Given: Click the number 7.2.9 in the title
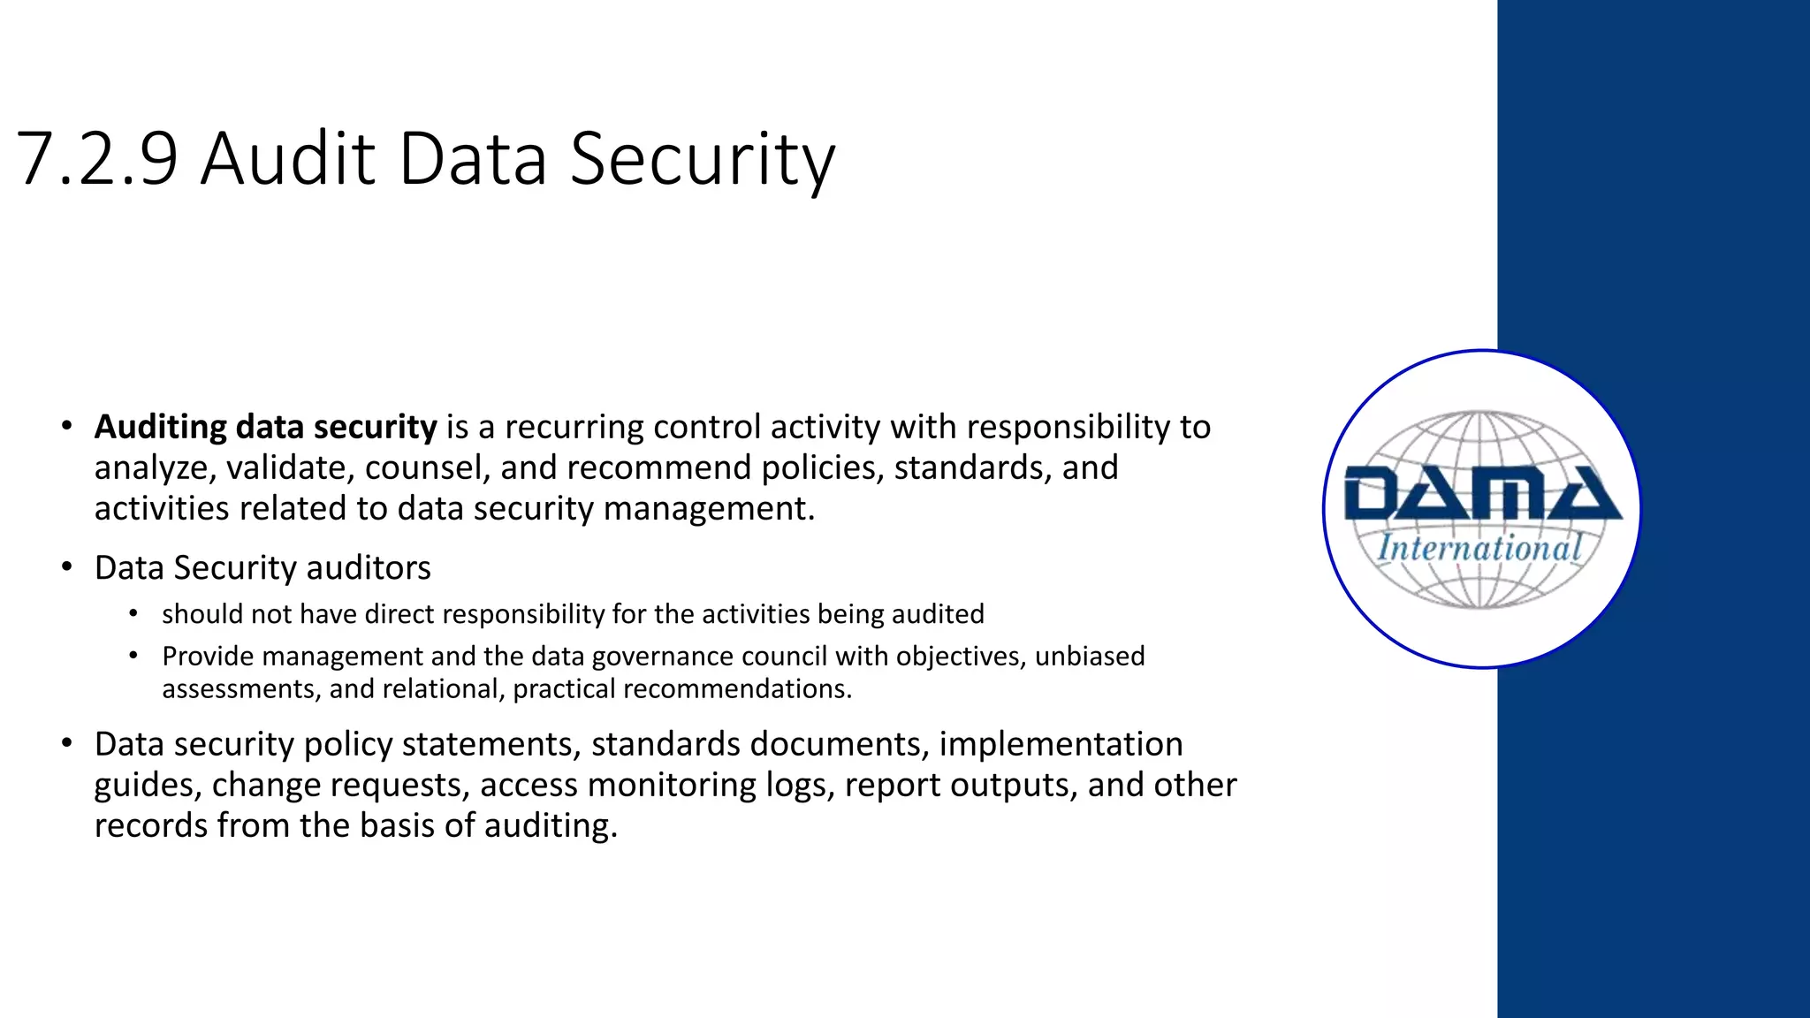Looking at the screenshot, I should pos(97,159).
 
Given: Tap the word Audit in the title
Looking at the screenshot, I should pos(288,159).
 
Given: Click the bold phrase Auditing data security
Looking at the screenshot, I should pos(265,427).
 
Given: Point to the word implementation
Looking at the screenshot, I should pos(1061,745).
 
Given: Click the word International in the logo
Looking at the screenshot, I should pos(1479,548).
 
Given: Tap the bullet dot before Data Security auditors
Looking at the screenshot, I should pos(67,566).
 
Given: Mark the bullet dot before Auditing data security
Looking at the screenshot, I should pos(67,426).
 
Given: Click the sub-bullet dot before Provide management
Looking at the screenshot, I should pos(133,656).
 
